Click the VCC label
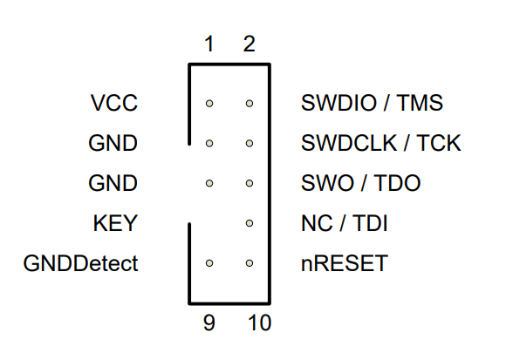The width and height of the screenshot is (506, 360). click(x=113, y=103)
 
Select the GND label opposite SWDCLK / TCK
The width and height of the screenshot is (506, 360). click(x=113, y=143)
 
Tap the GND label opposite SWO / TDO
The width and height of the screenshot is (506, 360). click(x=113, y=183)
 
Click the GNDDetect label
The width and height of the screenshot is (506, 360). click(x=80, y=263)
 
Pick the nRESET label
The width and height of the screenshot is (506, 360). click(x=344, y=263)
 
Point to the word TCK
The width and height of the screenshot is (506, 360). click(x=439, y=143)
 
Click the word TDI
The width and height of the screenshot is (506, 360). click(x=371, y=223)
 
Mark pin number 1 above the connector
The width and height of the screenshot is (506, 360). click(x=209, y=44)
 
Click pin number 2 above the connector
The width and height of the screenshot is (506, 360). click(x=250, y=44)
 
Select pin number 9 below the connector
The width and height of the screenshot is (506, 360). click(x=209, y=323)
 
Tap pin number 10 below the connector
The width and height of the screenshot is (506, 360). click(x=258, y=323)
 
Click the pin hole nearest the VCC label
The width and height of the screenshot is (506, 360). click(x=209, y=104)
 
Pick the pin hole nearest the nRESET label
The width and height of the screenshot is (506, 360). click(x=250, y=262)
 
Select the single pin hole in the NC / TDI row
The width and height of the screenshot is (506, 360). click(x=250, y=223)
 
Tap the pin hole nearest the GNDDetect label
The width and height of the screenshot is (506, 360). click(x=209, y=262)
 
